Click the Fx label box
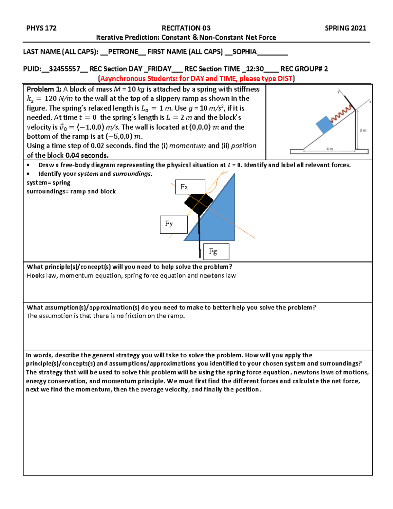(190, 187)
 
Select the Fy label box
(174, 224)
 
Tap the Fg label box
(216, 252)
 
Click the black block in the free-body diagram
(198, 203)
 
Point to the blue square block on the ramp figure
(325, 125)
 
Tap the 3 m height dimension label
(363, 130)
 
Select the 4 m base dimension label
(329, 149)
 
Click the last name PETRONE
(123, 52)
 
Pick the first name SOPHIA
(244, 52)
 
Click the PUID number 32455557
(65, 69)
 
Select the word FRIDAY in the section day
(159, 69)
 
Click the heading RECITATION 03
(186, 28)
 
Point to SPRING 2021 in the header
(345, 28)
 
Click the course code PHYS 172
(41, 28)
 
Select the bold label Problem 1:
(44, 89)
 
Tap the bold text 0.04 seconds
(87, 155)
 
